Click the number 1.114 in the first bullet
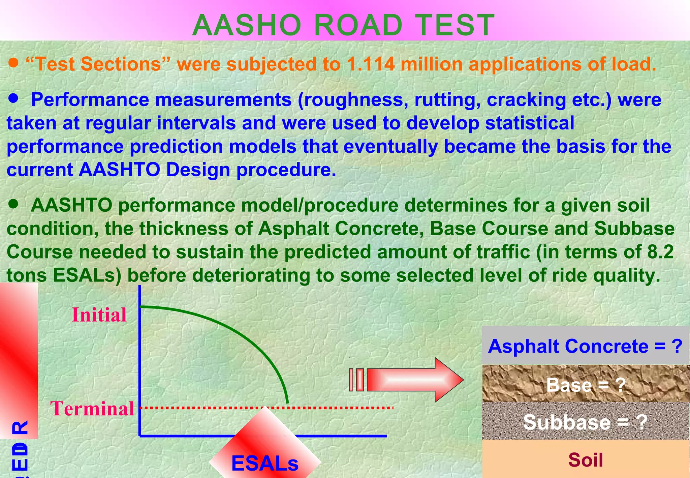pos(370,64)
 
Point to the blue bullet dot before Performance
pos(13,98)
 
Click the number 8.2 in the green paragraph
pos(660,252)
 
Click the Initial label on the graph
pos(99,315)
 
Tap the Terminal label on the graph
pos(92,409)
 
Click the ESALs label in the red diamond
pos(265,463)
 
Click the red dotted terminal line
pos(337,408)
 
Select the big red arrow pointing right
pos(414,380)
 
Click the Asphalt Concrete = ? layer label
pos(585,346)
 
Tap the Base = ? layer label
pos(586,385)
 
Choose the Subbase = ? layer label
pos(585,422)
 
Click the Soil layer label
pos(585,460)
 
